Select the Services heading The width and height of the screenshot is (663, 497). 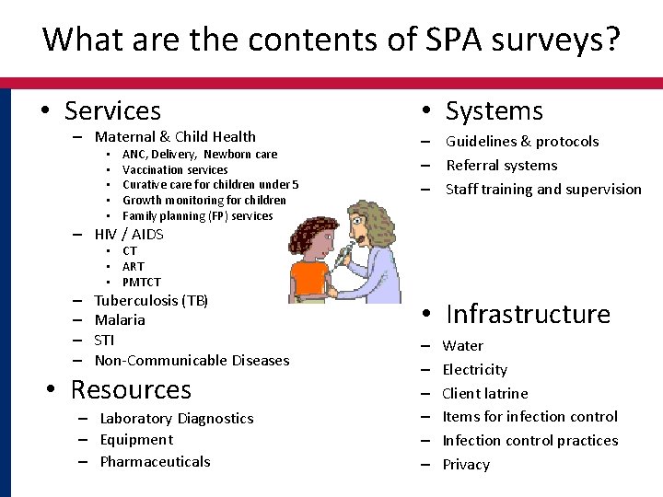[x=112, y=111]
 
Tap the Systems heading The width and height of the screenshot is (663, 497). [x=494, y=111]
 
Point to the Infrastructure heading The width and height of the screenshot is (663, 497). [x=528, y=314]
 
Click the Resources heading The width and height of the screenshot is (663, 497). [x=131, y=389]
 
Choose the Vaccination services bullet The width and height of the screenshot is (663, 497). [x=175, y=169]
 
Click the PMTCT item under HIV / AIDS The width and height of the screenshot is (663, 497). [x=141, y=282]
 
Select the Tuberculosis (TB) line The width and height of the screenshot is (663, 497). [x=152, y=300]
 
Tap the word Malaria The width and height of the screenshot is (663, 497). [x=120, y=320]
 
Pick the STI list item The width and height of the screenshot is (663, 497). [x=104, y=340]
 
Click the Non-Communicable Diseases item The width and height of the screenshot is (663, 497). [x=192, y=360]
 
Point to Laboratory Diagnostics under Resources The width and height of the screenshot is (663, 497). [x=177, y=418]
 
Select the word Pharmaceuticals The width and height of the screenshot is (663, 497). [x=155, y=461]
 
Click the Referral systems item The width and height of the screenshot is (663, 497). [x=502, y=166]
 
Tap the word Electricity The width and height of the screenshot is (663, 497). [x=475, y=369]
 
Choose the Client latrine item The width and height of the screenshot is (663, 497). [x=485, y=393]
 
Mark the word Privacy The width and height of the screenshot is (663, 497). [x=466, y=464]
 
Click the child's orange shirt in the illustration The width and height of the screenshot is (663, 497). [x=309, y=280]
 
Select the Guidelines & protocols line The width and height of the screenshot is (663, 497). [x=522, y=142]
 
